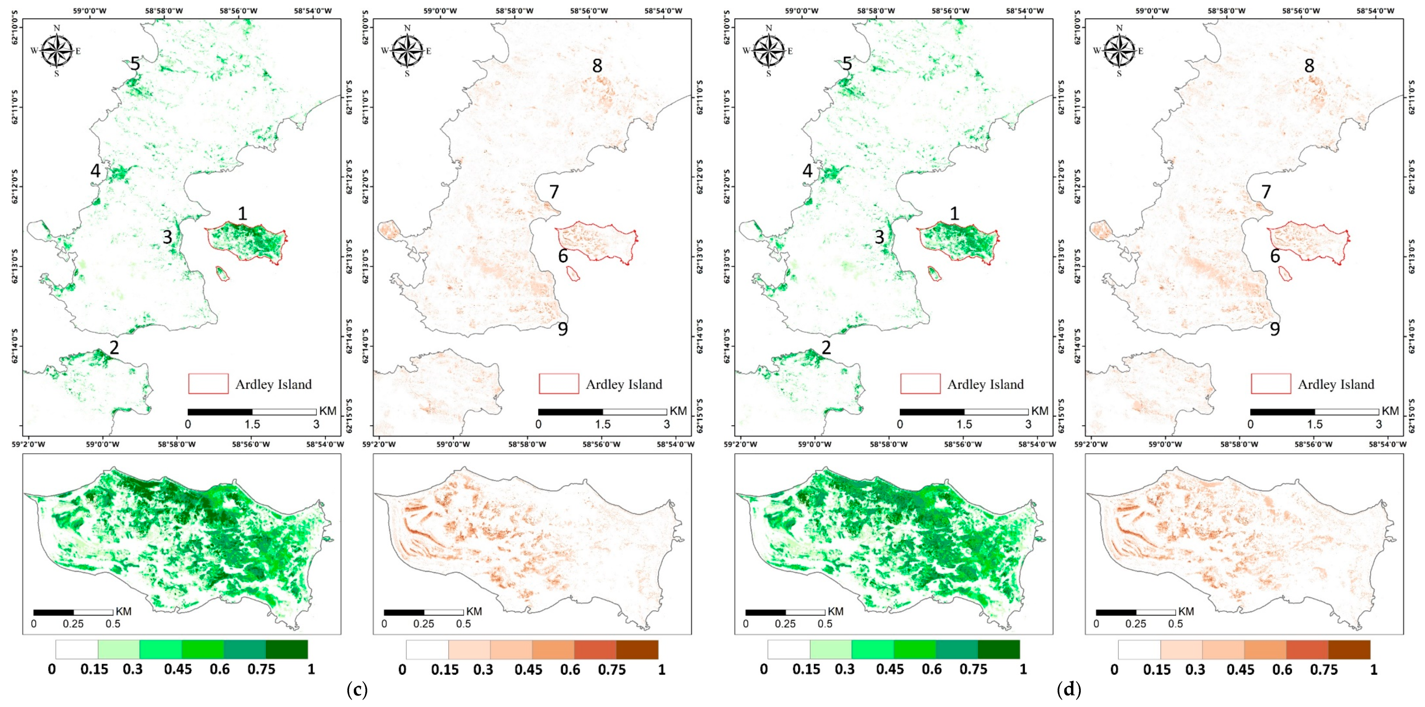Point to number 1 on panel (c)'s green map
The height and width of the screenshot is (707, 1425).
point(242,214)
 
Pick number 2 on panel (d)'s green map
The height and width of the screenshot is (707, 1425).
point(826,348)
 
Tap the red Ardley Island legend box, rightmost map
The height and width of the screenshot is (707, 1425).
point(1271,384)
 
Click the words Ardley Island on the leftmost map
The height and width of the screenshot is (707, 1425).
point(274,384)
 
